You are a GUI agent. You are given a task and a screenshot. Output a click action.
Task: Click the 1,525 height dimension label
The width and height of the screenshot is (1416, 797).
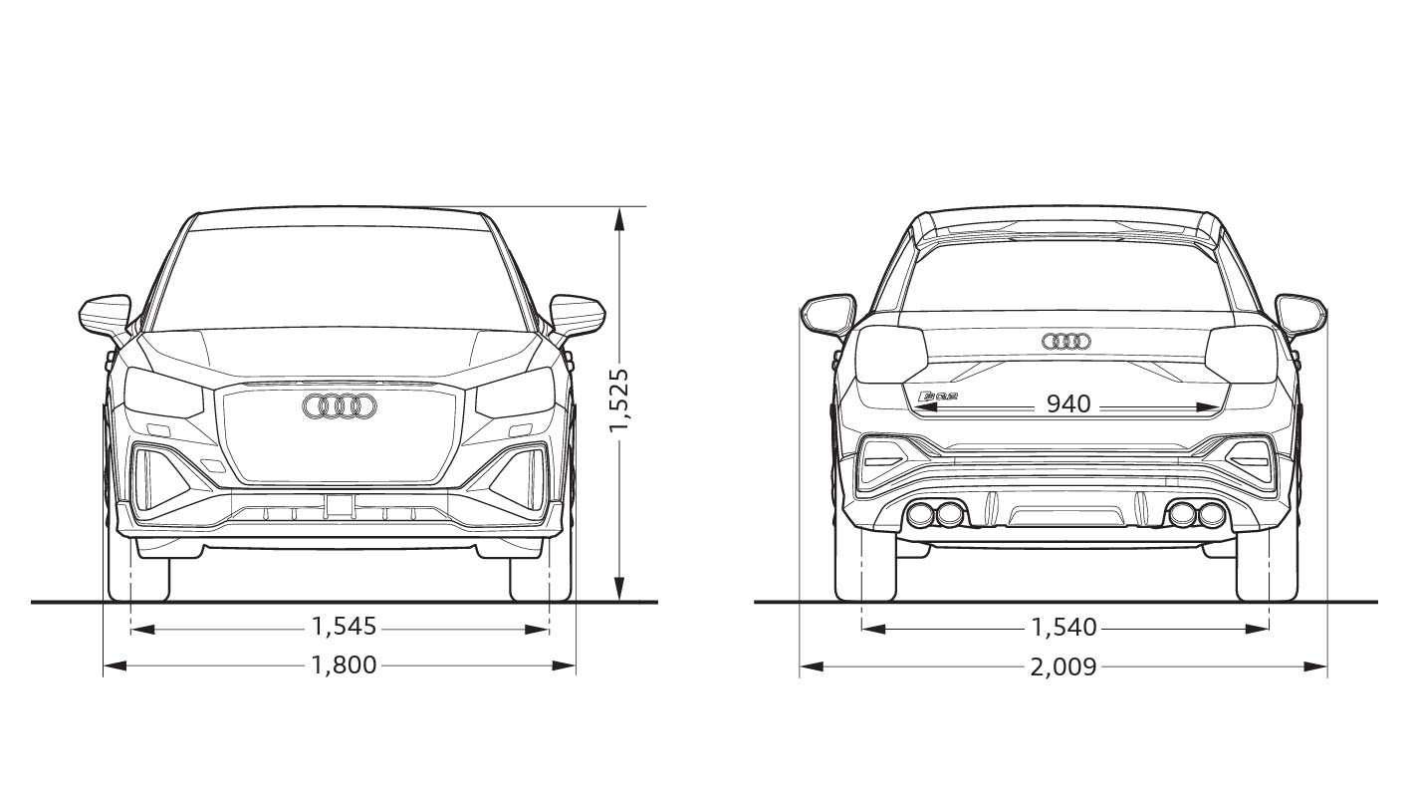coord(619,400)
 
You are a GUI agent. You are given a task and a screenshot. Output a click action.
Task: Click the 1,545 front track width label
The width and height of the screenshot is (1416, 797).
coord(344,627)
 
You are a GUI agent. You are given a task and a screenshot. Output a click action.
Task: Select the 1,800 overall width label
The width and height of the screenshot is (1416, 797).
coord(344,664)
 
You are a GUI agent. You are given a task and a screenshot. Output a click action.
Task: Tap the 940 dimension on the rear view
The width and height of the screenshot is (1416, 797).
coord(1068,404)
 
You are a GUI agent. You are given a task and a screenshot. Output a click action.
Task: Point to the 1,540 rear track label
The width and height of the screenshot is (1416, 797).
coord(1063,628)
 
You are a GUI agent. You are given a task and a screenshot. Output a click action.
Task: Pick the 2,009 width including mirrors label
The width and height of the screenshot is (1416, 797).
coord(1063,666)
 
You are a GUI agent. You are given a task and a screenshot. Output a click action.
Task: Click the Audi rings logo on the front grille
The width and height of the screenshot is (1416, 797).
coord(340,405)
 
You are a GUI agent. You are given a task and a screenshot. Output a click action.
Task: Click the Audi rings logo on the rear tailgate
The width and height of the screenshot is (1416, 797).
coord(1066,342)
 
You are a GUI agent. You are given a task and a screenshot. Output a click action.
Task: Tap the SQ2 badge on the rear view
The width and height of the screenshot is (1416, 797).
coord(937,398)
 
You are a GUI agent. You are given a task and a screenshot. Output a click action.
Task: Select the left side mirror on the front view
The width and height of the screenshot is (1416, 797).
coord(105,314)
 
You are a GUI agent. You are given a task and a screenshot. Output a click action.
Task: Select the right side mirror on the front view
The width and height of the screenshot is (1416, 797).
coord(578,314)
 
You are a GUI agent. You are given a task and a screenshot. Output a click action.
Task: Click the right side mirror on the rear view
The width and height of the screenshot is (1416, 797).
coord(1300,313)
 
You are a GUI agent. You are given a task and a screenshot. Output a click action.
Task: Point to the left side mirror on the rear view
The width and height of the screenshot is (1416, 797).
coord(828,313)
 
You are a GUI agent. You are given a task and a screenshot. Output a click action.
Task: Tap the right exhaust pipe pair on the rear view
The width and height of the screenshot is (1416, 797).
coord(1197,515)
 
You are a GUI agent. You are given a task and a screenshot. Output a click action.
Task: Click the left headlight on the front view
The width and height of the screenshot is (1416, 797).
coord(159,394)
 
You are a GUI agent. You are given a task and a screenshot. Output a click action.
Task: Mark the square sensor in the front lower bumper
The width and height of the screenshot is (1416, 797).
coord(340,505)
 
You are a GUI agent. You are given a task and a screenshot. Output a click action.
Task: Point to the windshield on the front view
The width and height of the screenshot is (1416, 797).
coord(340,279)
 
